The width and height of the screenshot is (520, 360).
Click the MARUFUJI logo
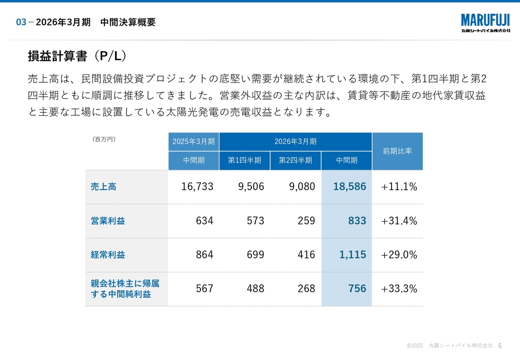[x=485, y=22]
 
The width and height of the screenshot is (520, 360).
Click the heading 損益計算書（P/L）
[x=77, y=56]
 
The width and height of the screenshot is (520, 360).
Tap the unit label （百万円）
[x=104, y=139]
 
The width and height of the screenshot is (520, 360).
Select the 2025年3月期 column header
[x=194, y=141]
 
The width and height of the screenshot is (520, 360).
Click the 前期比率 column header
[x=397, y=151]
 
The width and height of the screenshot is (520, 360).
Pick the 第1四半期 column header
[x=245, y=160]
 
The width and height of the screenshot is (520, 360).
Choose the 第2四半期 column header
[x=295, y=160]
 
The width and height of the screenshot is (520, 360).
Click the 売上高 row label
[x=104, y=187]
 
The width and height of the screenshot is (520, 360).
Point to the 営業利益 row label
[x=108, y=221]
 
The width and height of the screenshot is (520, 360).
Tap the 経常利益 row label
[x=108, y=255]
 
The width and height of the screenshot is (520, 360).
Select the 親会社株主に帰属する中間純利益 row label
[x=125, y=289]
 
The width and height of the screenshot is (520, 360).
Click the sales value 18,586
[x=349, y=187]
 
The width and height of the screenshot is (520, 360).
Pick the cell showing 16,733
[x=197, y=187]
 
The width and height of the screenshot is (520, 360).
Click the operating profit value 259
[x=306, y=221]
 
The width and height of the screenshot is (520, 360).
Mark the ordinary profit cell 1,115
[x=352, y=255]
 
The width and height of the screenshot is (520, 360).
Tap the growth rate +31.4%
[x=399, y=221]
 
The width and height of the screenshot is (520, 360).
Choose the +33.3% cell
[x=399, y=289]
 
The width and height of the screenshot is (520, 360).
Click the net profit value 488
[x=255, y=289]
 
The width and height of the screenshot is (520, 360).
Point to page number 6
[x=500, y=346]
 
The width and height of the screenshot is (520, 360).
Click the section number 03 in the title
[x=21, y=22]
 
